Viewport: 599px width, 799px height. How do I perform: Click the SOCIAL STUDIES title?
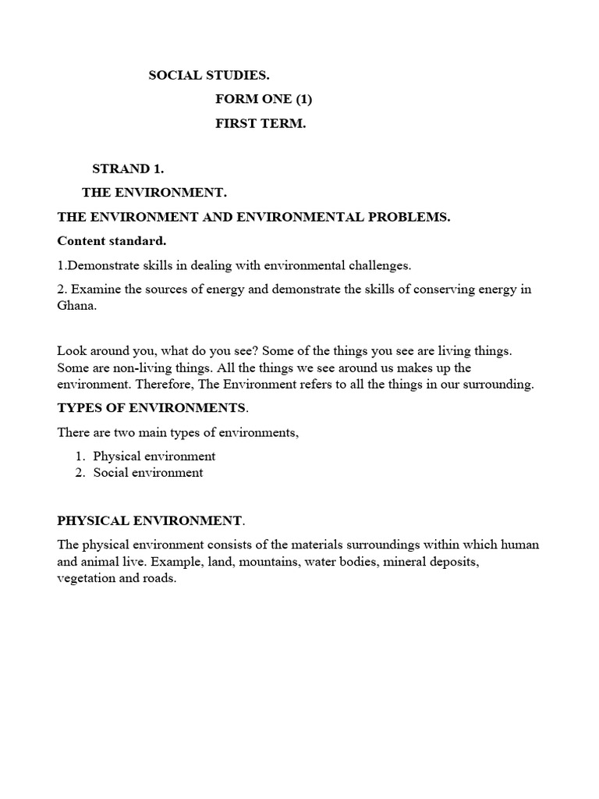click(209, 76)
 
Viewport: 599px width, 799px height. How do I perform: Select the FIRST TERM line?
click(261, 124)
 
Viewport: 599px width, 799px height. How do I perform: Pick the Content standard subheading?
click(112, 240)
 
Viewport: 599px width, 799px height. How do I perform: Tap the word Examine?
click(92, 289)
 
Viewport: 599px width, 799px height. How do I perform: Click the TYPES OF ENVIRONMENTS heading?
click(151, 408)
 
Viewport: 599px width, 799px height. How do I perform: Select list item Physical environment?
click(154, 456)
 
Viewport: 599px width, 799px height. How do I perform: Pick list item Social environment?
click(147, 473)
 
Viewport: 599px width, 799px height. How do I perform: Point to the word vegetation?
click(87, 579)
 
